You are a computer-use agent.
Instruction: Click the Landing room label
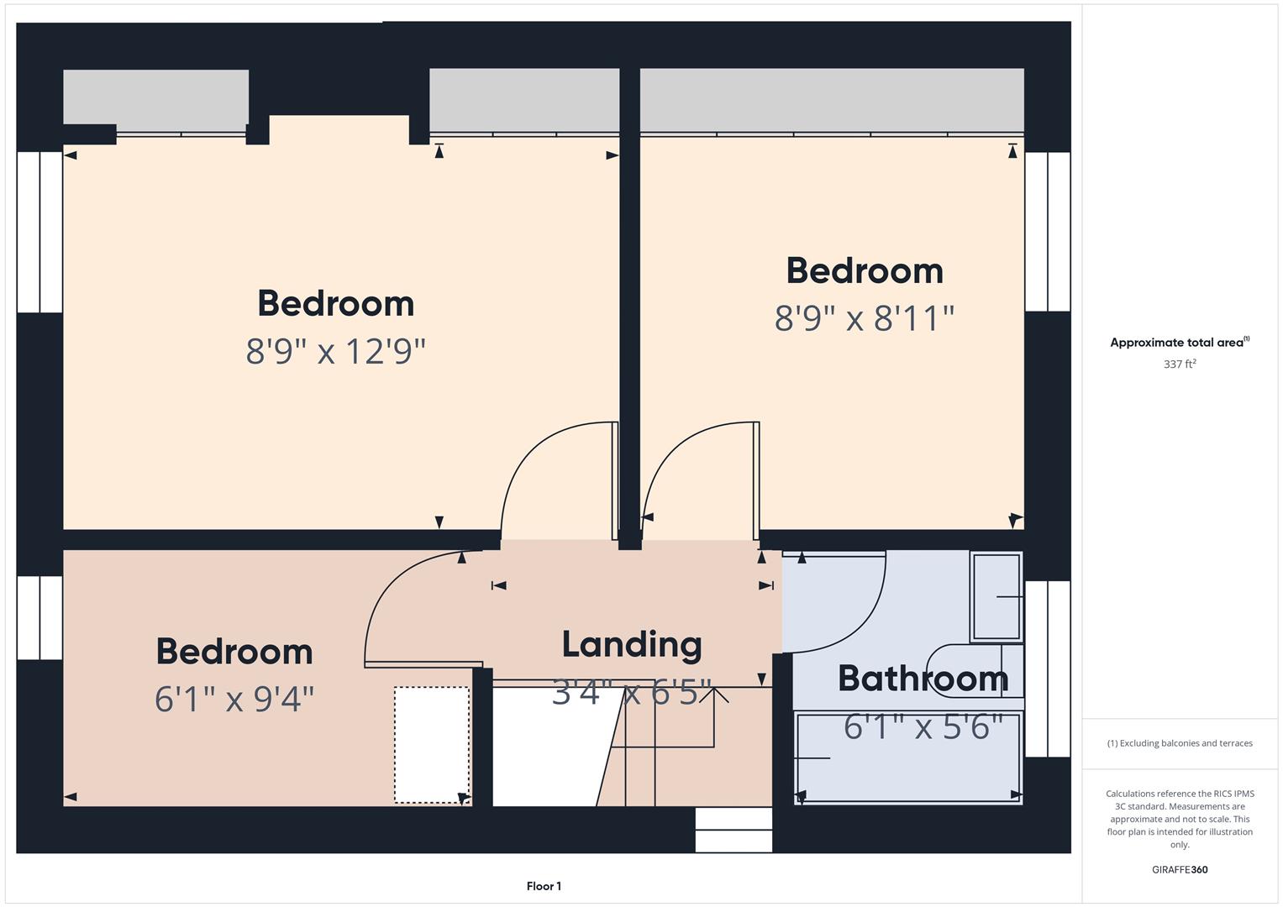[x=632, y=645]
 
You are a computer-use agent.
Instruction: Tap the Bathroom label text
[x=923, y=679]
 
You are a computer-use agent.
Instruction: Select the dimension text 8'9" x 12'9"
[x=336, y=351]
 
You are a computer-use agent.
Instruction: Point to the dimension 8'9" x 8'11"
[x=865, y=318]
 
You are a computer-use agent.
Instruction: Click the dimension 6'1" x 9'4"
[x=234, y=699]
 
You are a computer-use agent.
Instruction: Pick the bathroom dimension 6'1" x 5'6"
[x=923, y=727]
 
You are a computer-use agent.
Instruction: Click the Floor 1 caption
[x=544, y=886]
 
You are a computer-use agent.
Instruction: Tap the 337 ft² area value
[x=1180, y=364]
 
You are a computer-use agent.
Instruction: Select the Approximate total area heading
[x=1179, y=343]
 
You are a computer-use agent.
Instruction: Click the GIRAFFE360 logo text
[x=1180, y=869]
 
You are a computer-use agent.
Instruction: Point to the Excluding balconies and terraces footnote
[x=1180, y=743]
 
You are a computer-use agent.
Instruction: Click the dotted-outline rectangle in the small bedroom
[x=432, y=745]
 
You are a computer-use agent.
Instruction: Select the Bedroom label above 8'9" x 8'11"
[x=865, y=271]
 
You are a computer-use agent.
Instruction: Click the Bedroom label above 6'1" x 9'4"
[x=234, y=653]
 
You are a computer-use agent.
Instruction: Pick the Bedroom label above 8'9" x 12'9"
[x=336, y=304]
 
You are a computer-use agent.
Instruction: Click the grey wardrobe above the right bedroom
[x=832, y=100]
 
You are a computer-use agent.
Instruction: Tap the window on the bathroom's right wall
[x=1048, y=668]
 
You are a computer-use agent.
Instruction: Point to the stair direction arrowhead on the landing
[x=714, y=694]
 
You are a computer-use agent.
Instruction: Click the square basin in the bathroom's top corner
[x=996, y=596]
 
